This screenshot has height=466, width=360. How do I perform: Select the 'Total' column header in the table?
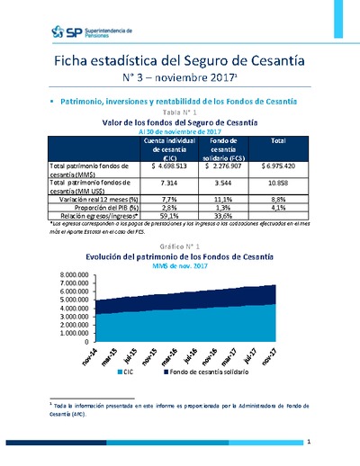click(278, 141)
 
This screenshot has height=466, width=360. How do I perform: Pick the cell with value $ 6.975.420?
click(278, 167)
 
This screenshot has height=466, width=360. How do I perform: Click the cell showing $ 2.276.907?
click(227, 167)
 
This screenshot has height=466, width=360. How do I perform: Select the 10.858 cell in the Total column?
click(278, 183)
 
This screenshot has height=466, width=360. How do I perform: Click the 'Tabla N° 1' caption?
click(181, 110)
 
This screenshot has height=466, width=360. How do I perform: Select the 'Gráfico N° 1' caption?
click(181, 246)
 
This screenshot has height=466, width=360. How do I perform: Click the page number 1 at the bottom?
click(309, 442)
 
